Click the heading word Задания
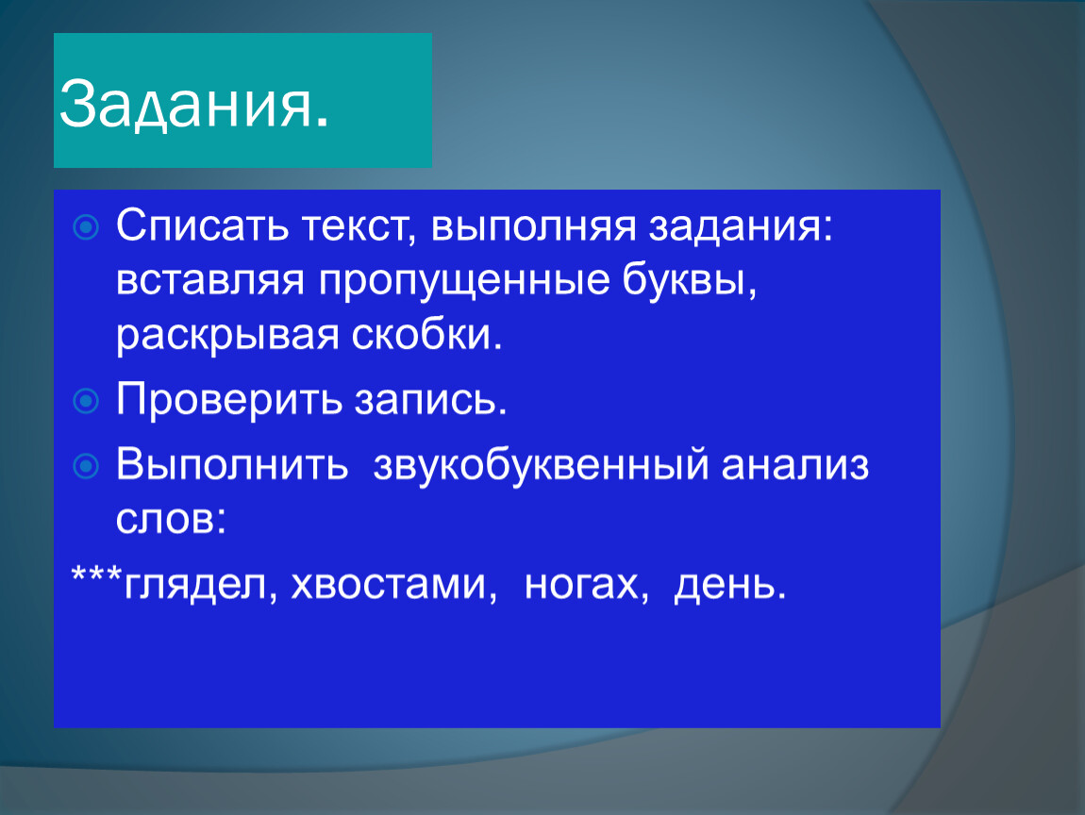pos(193,104)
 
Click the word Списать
pos(202,225)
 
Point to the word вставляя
pos(209,280)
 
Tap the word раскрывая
pos(227,336)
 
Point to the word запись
pos(430,400)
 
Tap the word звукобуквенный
pos(542,465)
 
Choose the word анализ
pos(795,465)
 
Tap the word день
pos(730,585)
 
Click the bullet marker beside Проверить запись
pos(86,401)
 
